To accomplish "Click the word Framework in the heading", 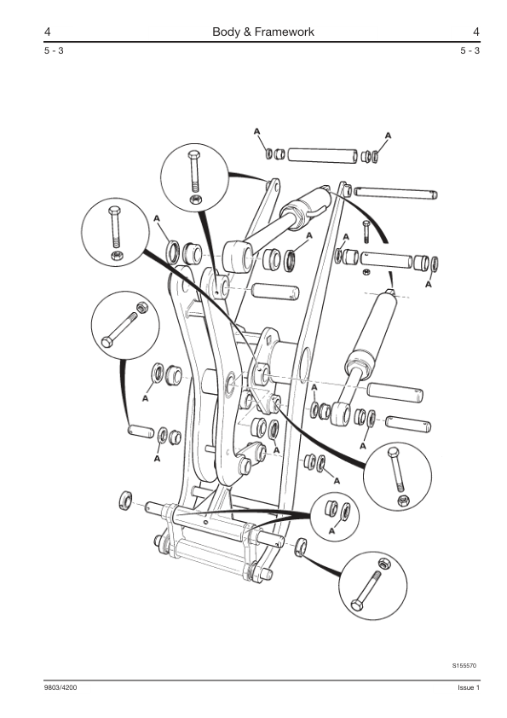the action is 284,32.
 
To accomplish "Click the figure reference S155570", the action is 464,665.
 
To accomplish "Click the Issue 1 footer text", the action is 469,687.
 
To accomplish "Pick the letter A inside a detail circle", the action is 331,530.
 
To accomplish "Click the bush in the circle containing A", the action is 331,508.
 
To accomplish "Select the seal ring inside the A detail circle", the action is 346,512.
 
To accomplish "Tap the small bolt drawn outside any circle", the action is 366,231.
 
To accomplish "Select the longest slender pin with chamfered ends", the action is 395,193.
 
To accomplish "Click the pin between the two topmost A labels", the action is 322,155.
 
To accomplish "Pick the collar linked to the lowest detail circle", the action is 300,547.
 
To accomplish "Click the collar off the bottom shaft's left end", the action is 125,500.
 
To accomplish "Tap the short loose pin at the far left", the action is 141,431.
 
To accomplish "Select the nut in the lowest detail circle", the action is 384,563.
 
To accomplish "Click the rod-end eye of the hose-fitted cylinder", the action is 239,257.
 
